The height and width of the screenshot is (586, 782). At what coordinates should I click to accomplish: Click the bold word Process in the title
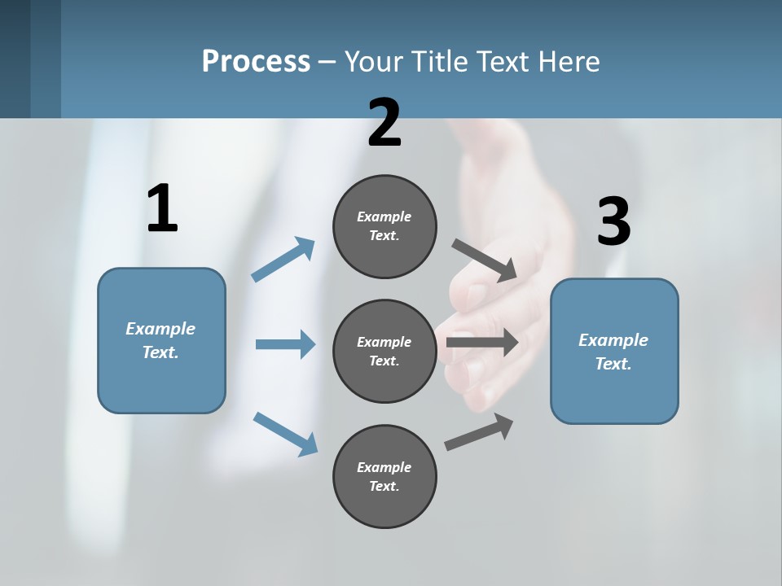(256, 61)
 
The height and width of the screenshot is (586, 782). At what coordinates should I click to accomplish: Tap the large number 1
(162, 208)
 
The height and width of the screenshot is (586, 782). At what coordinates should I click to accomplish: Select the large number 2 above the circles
(384, 122)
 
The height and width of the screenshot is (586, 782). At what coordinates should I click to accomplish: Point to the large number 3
(613, 222)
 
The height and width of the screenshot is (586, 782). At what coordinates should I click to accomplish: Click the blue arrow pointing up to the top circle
(283, 260)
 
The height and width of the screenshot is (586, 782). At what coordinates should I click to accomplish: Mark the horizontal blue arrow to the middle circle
(285, 344)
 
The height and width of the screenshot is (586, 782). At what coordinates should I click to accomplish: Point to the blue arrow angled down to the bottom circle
(285, 433)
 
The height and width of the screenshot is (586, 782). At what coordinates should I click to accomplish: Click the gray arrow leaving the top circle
(485, 260)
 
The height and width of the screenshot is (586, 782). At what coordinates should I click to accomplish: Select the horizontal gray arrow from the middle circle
(482, 343)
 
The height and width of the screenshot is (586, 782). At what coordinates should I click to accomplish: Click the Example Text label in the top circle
(384, 226)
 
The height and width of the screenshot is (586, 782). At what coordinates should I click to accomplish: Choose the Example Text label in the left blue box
(160, 340)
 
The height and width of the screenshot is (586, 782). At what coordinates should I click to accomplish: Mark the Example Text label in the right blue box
(613, 352)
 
